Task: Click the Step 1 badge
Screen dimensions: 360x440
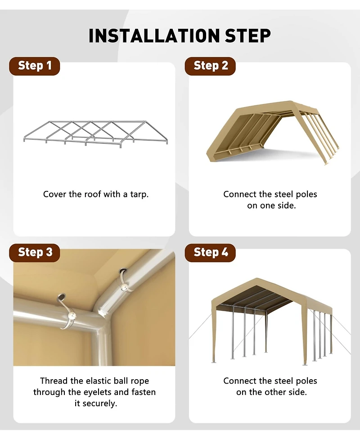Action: click(x=35, y=66)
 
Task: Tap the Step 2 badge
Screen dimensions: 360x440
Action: click(x=210, y=66)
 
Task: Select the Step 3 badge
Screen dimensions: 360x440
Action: click(x=35, y=253)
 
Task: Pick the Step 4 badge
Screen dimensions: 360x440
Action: click(x=210, y=253)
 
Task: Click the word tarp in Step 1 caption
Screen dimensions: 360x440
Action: click(x=139, y=195)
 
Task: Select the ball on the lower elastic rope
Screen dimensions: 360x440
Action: click(x=72, y=315)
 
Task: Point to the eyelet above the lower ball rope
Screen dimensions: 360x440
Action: click(x=61, y=297)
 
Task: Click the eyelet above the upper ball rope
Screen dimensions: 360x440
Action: click(x=122, y=272)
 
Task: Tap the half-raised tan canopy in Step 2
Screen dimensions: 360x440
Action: click(x=273, y=132)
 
